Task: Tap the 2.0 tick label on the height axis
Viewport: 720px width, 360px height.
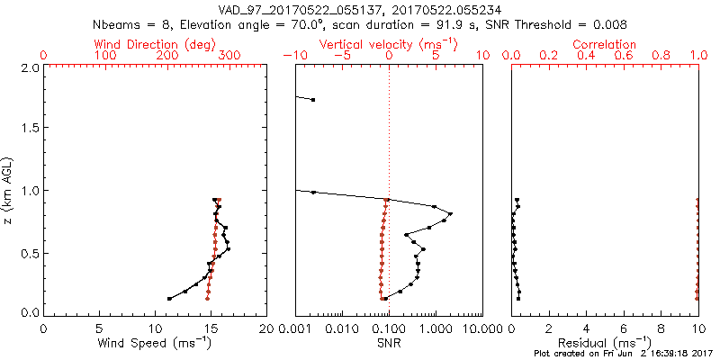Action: coord(30,67)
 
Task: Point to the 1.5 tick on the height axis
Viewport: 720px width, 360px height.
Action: coord(30,129)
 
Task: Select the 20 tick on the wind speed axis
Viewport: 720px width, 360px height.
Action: coord(266,328)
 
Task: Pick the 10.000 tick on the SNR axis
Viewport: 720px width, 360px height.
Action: coord(481,328)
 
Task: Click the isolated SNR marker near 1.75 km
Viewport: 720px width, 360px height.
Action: coord(313,99)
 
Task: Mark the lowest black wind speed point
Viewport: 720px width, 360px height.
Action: coord(169,298)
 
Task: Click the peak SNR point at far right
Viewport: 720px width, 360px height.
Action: coord(450,214)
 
